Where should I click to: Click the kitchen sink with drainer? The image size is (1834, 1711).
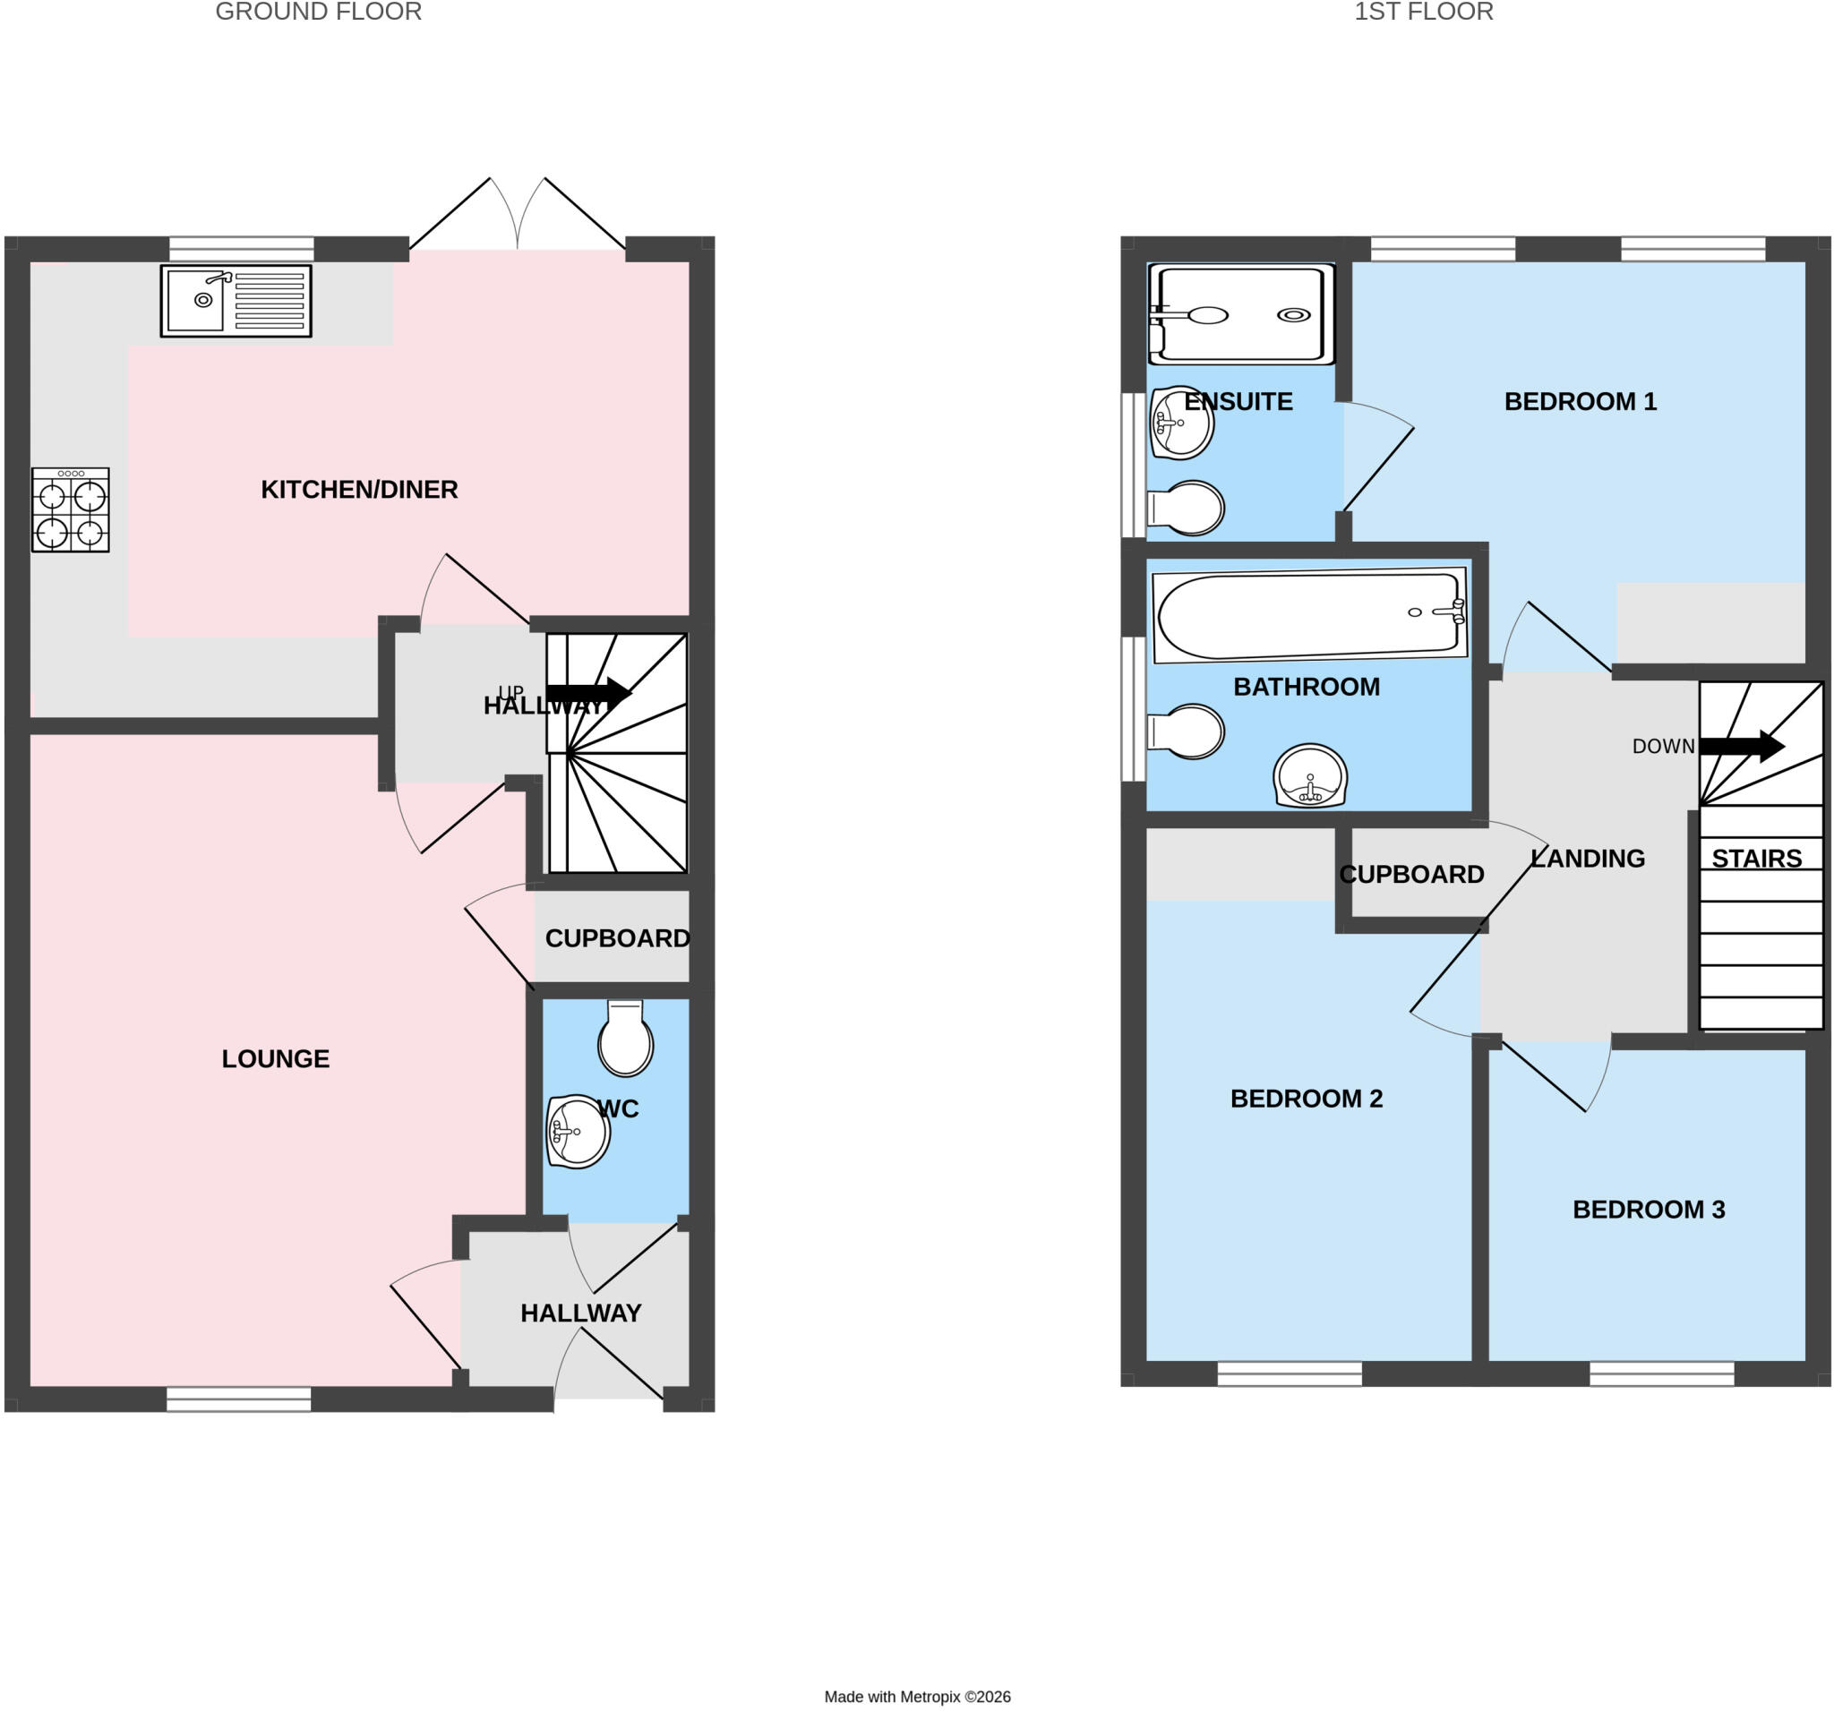click(236, 301)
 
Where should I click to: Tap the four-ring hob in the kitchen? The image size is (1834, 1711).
click(70, 510)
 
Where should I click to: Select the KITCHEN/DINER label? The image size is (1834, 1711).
click(359, 489)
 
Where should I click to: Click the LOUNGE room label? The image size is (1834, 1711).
click(275, 1058)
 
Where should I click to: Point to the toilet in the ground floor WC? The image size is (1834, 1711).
click(625, 1038)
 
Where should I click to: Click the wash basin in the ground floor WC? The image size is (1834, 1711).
click(578, 1132)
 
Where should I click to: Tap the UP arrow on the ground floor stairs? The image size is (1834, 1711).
click(587, 694)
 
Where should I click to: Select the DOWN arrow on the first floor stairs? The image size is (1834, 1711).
click(1742, 746)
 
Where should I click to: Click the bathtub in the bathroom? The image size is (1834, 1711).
click(1310, 615)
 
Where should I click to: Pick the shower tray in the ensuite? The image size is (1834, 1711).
click(1241, 314)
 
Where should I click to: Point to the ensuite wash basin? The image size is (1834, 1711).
click(1181, 423)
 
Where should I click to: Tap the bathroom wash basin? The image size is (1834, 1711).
click(1310, 775)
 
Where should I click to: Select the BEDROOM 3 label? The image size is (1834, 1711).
click(1649, 1210)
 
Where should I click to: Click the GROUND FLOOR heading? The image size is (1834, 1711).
click(318, 12)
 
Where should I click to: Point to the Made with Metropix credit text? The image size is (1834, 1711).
click(917, 1697)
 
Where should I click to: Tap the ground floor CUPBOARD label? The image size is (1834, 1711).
click(617, 938)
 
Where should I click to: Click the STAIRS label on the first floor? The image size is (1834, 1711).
click(1756, 859)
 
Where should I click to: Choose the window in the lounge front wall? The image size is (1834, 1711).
click(239, 1399)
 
